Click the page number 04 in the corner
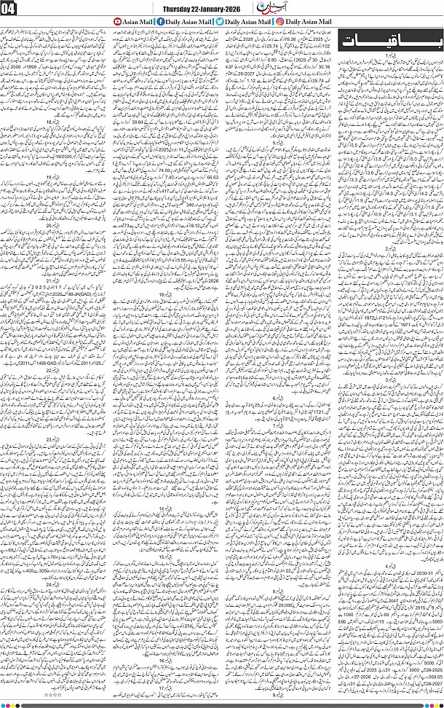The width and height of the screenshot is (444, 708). (x=12, y=10)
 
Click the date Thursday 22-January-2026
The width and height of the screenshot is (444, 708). (x=206, y=7)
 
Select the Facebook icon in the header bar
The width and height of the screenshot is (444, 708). (x=151, y=23)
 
